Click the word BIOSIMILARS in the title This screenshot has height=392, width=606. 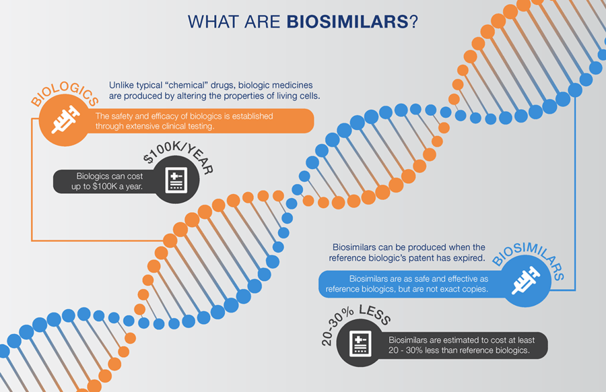click(347, 21)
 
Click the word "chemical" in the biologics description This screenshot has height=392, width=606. click(195, 86)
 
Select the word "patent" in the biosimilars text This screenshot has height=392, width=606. click(432, 258)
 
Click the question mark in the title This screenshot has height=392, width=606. click(413, 21)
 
